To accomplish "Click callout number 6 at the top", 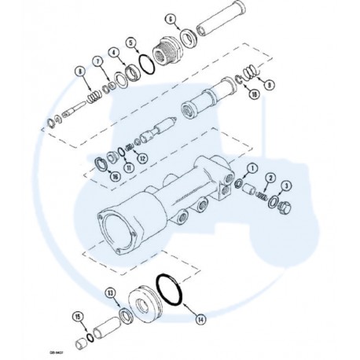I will coord(170,18).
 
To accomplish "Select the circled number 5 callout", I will coord(132,42).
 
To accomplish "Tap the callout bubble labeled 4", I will coord(115,53).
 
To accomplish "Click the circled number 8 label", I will coord(79,72).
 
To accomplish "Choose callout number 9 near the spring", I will coord(270,83).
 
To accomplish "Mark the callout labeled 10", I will coord(254,94).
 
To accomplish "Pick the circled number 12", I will coord(142,158).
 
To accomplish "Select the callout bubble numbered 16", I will coord(115,178).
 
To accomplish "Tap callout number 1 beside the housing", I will coord(252,168).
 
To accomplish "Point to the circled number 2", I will coord(269,178).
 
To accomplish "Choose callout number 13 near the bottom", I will coord(110,293).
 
